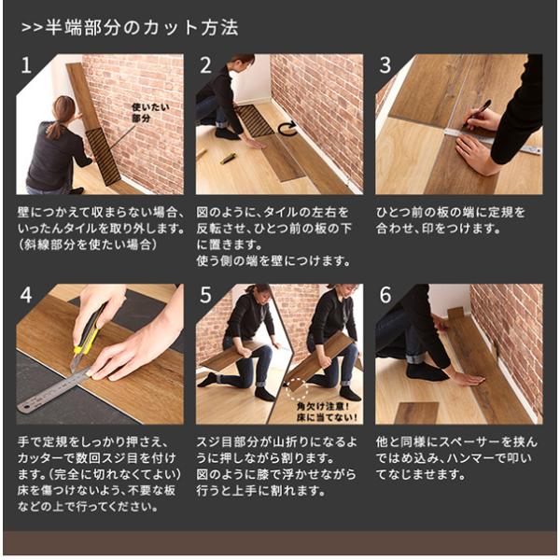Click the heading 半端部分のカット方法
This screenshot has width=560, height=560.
click(142, 28)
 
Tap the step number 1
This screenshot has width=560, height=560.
click(26, 65)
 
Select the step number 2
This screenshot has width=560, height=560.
click(205, 65)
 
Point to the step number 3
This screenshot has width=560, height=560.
click(385, 65)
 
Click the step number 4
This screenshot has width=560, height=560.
click(26, 295)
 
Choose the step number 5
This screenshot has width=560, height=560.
click(205, 295)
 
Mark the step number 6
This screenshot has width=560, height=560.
click(385, 295)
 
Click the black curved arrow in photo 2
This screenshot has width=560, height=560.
click(287, 129)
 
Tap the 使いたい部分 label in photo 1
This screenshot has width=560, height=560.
click(150, 113)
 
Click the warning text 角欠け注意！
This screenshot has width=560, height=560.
click(323, 406)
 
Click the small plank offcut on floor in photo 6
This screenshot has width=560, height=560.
click(417, 413)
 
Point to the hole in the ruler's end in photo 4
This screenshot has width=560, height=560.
click(25, 406)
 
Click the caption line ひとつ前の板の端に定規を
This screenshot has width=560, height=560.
click(451, 213)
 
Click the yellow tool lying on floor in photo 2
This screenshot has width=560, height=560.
click(228, 158)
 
